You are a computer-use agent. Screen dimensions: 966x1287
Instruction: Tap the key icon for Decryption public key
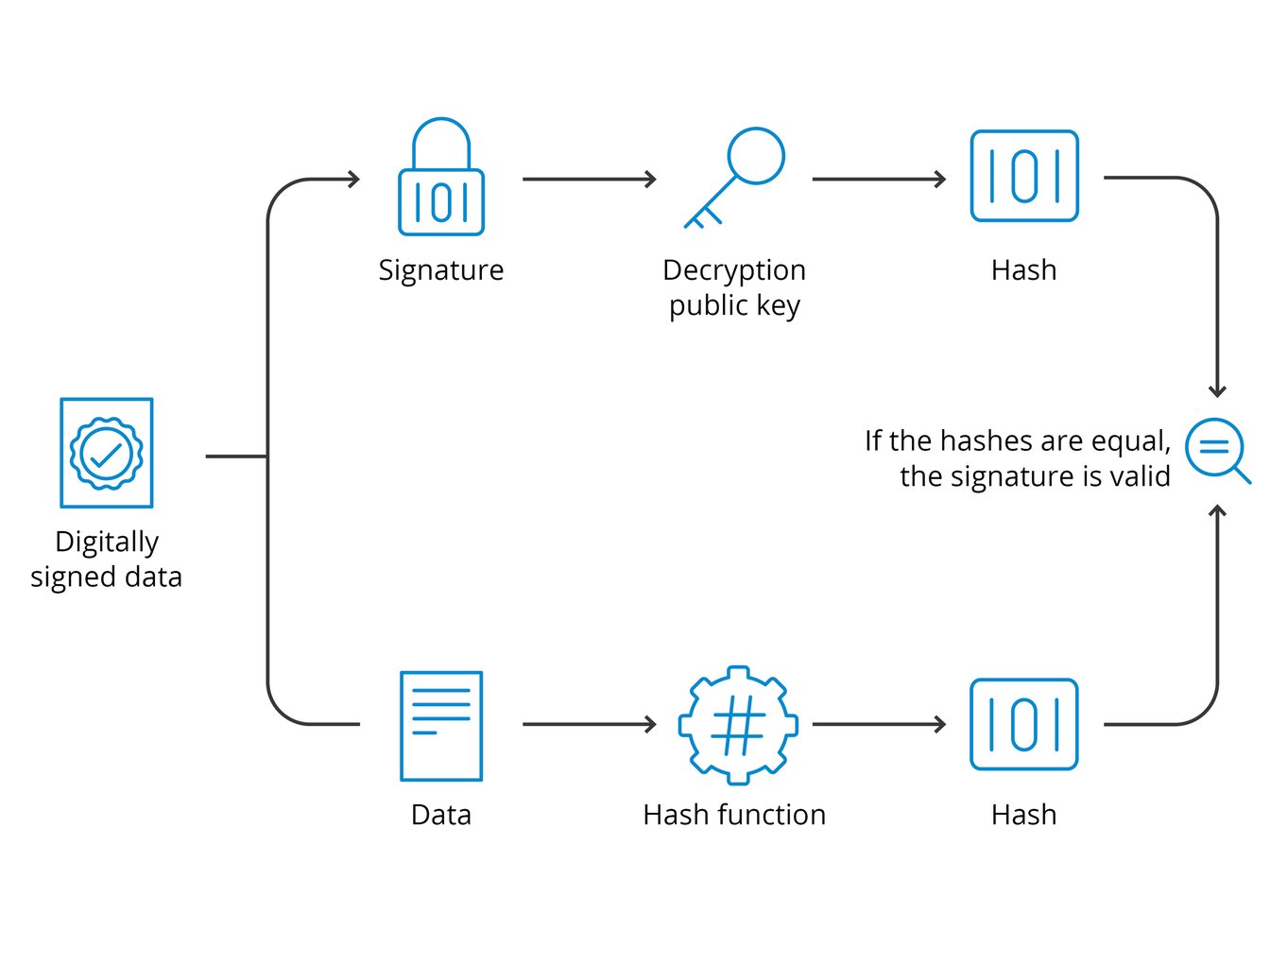[x=735, y=176]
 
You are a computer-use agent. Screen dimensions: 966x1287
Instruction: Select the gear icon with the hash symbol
[x=738, y=725]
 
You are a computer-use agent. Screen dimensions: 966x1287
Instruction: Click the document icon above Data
[x=441, y=726]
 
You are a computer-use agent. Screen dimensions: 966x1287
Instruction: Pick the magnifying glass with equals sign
[x=1216, y=450]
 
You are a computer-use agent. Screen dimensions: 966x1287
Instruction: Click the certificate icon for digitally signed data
[x=107, y=453]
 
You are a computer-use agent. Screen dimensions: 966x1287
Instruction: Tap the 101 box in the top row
[x=1024, y=177]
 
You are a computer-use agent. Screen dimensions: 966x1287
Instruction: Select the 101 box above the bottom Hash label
[x=1024, y=725]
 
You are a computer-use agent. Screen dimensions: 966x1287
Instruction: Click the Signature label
[x=440, y=270]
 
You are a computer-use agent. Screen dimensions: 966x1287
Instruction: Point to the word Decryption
[x=734, y=270]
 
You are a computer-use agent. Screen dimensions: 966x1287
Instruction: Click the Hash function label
[x=734, y=815]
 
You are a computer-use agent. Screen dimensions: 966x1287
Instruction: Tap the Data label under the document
[x=440, y=815]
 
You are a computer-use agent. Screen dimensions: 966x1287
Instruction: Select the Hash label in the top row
[x=1023, y=270]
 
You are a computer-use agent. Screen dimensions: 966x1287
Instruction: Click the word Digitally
[x=107, y=542]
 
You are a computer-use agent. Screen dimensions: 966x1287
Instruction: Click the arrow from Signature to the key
[x=590, y=179]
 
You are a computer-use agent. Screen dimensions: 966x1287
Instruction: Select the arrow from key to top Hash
[x=879, y=179]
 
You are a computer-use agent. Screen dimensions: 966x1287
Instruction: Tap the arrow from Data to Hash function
[x=590, y=725]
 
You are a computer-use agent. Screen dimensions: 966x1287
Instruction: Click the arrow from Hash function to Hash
[x=879, y=725]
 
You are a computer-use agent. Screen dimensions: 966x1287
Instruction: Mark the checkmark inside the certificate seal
[x=107, y=455]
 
